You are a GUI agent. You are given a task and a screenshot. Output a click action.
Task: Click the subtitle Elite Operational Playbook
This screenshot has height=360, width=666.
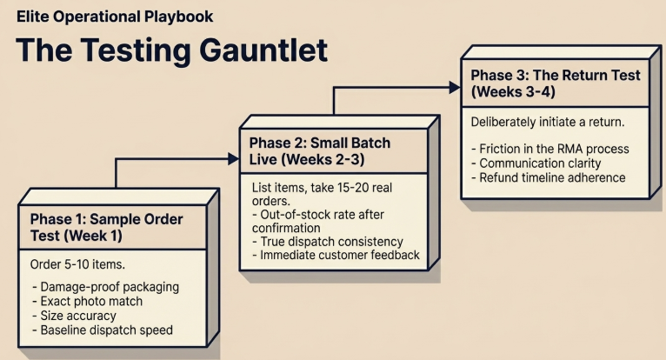click(x=114, y=17)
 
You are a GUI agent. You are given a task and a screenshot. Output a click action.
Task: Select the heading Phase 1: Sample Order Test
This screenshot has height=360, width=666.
click(x=106, y=227)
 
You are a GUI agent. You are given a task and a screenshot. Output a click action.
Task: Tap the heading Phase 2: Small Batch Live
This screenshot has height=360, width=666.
click(x=319, y=151)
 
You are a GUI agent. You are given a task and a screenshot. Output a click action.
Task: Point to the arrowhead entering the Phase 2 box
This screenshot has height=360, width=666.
click(x=232, y=158)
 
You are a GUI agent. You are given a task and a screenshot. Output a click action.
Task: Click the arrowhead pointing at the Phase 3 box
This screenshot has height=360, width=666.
click(x=454, y=87)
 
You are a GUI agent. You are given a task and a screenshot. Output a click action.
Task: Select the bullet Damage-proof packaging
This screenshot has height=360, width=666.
click(x=105, y=286)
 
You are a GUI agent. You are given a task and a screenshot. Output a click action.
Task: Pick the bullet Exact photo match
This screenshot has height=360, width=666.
click(x=92, y=301)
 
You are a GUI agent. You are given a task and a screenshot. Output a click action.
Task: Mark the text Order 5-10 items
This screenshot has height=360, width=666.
click(x=78, y=264)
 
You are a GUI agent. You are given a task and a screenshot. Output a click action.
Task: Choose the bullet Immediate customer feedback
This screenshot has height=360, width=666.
click(x=335, y=255)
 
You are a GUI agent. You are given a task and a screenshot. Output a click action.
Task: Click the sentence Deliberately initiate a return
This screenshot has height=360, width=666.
click(x=547, y=121)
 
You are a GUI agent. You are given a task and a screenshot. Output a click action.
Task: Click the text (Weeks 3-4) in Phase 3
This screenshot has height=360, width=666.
click(x=513, y=91)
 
